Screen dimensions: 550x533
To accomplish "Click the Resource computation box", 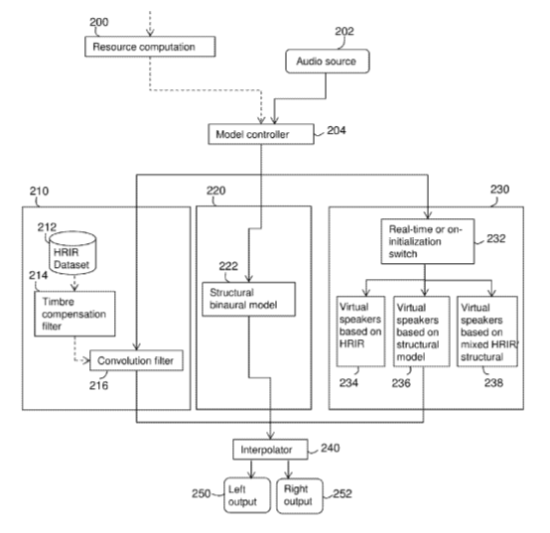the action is pyautogui.click(x=150, y=47).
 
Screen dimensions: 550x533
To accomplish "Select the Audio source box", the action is pyautogui.click(x=328, y=61).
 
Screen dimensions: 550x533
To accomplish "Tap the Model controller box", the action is pyautogui.click(x=261, y=134).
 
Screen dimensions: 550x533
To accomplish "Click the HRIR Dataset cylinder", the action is pyautogui.click(x=72, y=252).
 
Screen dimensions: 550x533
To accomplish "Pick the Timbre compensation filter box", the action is pyautogui.click(x=74, y=314).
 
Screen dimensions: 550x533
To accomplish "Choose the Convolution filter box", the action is pyautogui.click(x=136, y=360).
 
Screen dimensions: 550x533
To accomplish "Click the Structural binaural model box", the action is pyautogui.click(x=249, y=299).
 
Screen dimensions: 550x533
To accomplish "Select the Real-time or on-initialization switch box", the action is pyautogui.click(x=428, y=241).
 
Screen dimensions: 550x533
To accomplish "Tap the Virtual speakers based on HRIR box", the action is pyautogui.click(x=360, y=332).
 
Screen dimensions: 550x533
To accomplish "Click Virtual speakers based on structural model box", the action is pyautogui.click(x=421, y=332).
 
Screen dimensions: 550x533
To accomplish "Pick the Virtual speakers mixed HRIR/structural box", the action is pyautogui.click(x=487, y=332).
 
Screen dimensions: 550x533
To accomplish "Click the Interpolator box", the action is pyautogui.click(x=270, y=450).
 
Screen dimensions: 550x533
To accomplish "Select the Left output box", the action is pyautogui.click(x=247, y=495).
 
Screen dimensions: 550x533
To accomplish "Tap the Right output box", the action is pyautogui.click(x=300, y=496).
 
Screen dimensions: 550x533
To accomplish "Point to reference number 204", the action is pyautogui.click(x=336, y=130).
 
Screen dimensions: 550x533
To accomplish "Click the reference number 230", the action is pyautogui.click(x=499, y=190).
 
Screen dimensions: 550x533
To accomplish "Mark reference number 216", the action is pyautogui.click(x=98, y=385).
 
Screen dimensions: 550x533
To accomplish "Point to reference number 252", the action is pyautogui.click(x=343, y=493).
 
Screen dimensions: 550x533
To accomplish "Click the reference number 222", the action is pyautogui.click(x=228, y=266).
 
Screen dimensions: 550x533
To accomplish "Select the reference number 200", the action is pyautogui.click(x=99, y=22).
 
